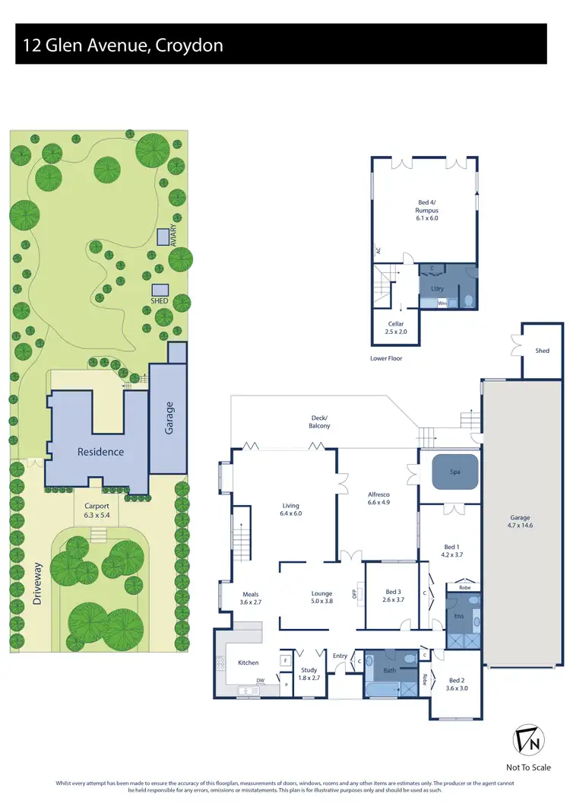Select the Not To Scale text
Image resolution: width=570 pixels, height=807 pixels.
tap(528, 767)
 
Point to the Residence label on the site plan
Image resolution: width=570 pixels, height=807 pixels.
tap(100, 452)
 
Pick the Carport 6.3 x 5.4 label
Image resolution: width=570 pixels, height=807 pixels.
tap(96, 510)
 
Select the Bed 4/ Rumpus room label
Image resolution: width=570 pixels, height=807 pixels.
tap(427, 209)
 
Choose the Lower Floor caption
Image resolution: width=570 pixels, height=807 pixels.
tap(385, 357)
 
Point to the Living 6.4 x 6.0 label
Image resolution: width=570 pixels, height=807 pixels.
tap(290, 510)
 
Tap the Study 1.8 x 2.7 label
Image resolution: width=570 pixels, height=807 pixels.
tap(309, 674)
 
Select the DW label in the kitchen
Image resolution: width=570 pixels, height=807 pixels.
tap(260, 681)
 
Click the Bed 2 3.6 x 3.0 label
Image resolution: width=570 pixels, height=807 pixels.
tap(456, 684)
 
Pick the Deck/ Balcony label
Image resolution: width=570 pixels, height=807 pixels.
tap(320, 421)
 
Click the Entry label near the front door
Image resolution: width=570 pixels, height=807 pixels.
tap(340, 656)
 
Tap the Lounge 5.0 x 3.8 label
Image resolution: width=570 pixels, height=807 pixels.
tap(322, 597)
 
